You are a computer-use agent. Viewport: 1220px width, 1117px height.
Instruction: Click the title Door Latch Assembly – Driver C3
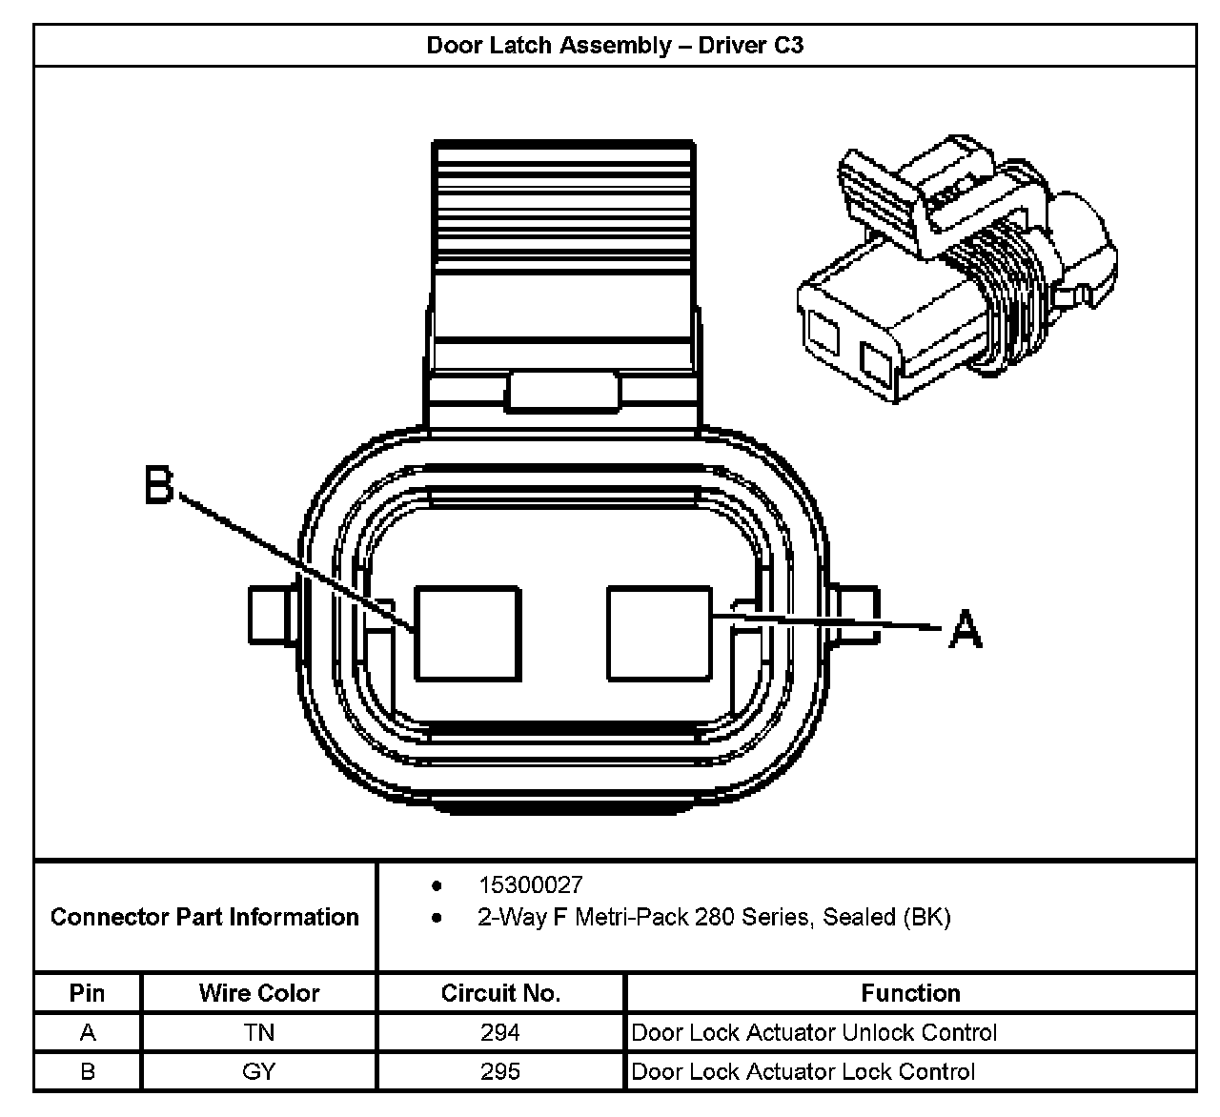pyautogui.click(x=615, y=45)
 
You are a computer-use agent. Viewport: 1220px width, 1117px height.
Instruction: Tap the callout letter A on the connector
pyautogui.click(x=965, y=629)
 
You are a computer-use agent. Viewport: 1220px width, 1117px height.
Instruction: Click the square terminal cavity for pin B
pyautogui.click(x=468, y=633)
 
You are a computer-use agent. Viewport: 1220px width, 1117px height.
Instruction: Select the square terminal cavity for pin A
pyautogui.click(x=660, y=633)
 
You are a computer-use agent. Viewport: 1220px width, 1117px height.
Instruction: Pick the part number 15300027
pyautogui.click(x=530, y=885)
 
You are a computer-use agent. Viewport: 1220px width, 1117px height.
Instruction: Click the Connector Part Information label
pyautogui.click(x=205, y=917)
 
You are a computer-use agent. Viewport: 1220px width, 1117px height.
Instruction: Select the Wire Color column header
pyautogui.click(x=259, y=993)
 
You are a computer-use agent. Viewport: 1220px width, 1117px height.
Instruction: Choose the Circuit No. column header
pyautogui.click(x=500, y=993)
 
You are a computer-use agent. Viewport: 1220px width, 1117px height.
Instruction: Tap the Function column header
pyautogui.click(x=910, y=993)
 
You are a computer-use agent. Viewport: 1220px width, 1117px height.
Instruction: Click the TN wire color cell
pyautogui.click(x=259, y=1032)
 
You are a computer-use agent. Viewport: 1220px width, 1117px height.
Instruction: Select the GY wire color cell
pyautogui.click(x=259, y=1071)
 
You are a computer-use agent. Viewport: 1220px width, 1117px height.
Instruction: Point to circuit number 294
pyautogui.click(x=500, y=1032)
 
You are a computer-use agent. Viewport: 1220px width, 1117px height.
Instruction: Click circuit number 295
pyautogui.click(x=500, y=1071)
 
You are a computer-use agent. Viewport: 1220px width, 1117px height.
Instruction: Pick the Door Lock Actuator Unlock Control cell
pyautogui.click(x=814, y=1032)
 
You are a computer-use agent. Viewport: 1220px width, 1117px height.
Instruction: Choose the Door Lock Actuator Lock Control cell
pyautogui.click(x=803, y=1071)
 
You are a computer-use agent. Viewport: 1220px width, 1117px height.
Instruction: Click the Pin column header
pyautogui.click(x=87, y=993)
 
